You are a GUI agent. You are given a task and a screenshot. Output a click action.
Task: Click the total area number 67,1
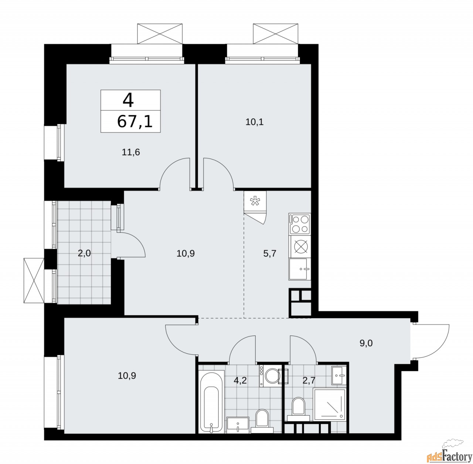point(135,121)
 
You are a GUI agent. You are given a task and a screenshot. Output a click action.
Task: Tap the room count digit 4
point(128,100)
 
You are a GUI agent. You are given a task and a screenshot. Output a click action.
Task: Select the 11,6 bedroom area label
point(131,152)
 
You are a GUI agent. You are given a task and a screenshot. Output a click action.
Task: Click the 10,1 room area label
point(254,122)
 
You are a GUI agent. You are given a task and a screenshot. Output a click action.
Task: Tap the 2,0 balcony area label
point(85,253)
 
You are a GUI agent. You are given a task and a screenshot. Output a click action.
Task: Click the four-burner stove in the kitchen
point(299,224)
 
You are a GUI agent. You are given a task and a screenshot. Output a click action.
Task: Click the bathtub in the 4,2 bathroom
point(211,401)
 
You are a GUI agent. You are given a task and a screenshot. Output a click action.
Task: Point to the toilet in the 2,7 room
point(298,408)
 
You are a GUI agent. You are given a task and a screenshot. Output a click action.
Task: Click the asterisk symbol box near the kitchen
point(255,202)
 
